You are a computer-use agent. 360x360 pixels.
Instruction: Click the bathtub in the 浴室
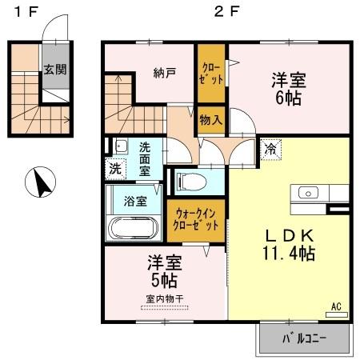[134, 227]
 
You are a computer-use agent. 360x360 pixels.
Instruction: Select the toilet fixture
[190, 181]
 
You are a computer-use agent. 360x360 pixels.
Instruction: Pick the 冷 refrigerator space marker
[271, 149]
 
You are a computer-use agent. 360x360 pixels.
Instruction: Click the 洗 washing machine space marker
[115, 168]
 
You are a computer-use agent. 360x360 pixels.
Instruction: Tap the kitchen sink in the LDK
[308, 192]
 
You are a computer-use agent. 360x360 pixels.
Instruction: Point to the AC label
[336, 305]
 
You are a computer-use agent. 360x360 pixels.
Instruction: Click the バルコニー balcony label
[304, 338]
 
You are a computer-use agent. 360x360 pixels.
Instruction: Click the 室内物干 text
[164, 298]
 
